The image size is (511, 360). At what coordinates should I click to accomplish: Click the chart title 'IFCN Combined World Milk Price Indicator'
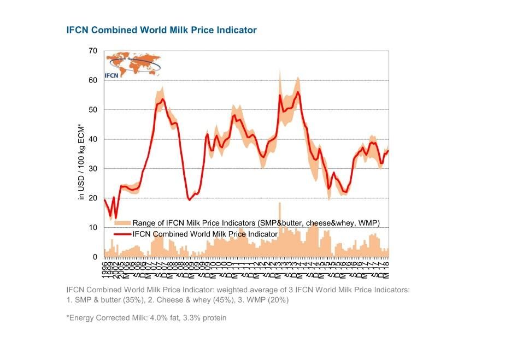161,30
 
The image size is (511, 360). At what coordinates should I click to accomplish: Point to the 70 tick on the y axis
93,51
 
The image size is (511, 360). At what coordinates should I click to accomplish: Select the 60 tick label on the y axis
93,80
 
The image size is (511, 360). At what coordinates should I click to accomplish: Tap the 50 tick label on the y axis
93,110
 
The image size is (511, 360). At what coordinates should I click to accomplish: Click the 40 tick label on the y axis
93,139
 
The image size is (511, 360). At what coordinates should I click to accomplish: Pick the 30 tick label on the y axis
93,169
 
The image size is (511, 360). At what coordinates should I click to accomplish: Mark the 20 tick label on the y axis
93,198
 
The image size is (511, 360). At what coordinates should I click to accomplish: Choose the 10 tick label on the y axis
93,228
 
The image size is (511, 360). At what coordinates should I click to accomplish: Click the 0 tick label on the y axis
95,257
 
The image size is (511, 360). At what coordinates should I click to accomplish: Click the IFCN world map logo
133,66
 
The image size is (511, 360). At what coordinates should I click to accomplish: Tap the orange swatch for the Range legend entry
122,223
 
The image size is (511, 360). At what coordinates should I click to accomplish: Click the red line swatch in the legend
122,234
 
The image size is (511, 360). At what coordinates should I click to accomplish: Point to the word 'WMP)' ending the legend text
368,223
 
